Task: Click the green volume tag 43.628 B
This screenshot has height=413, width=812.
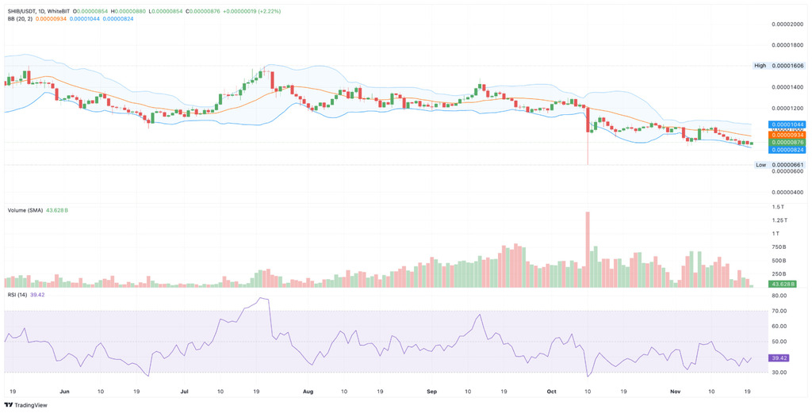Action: click(783, 283)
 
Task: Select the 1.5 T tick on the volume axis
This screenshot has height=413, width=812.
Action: click(779, 207)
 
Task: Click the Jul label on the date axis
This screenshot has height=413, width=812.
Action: click(184, 391)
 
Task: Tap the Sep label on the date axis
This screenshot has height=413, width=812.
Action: click(432, 391)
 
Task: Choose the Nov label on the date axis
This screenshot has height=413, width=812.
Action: click(676, 391)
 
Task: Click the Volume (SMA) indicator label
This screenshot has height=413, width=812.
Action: click(25, 210)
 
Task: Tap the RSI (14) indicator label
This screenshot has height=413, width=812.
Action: click(17, 295)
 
